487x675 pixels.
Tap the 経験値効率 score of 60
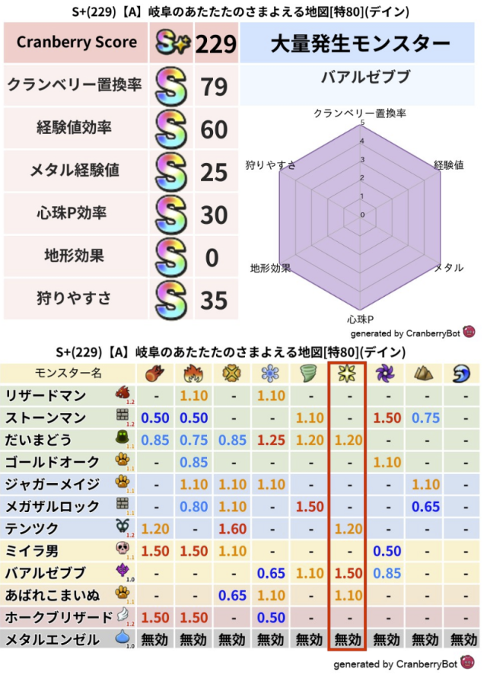coord(215,130)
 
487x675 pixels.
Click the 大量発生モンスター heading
coord(360,43)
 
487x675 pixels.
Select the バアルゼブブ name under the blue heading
coord(361,78)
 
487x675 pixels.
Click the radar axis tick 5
coord(362,123)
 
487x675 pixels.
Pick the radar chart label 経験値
coord(449,164)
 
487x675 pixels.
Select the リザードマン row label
coord(46,396)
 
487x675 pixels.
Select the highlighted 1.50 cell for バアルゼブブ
coord(348,572)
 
